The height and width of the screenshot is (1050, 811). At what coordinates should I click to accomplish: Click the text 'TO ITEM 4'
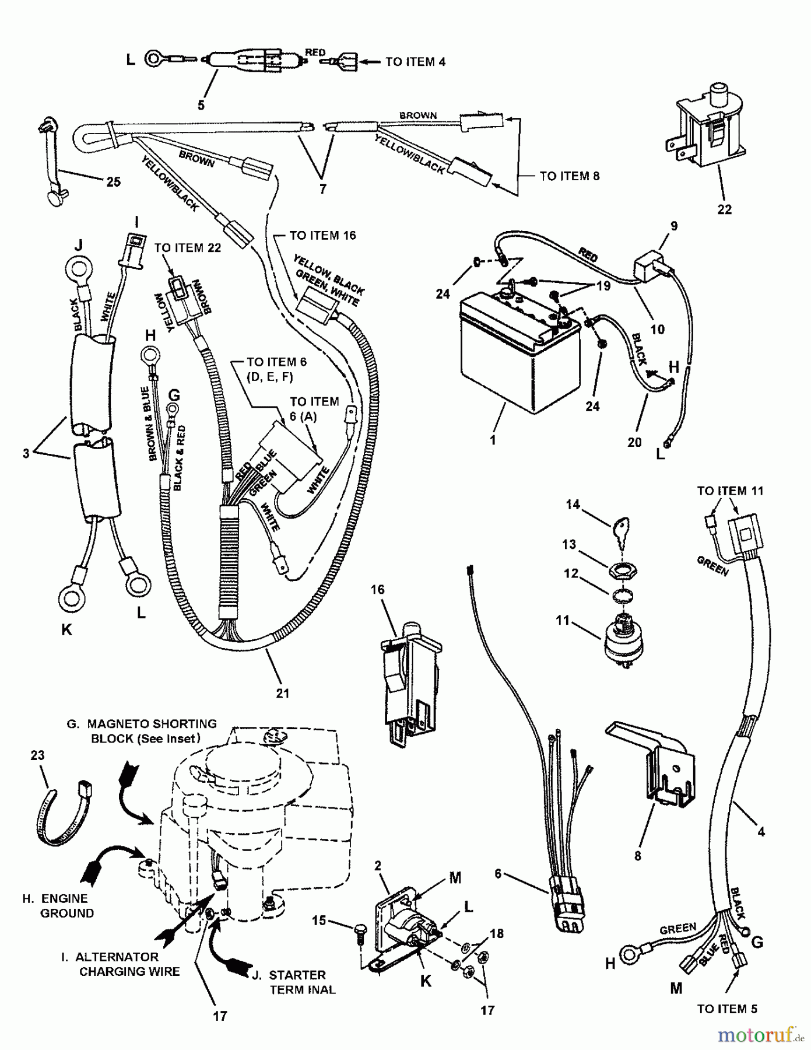tap(415, 61)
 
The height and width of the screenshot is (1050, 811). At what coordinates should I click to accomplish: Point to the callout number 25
tap(113, 182)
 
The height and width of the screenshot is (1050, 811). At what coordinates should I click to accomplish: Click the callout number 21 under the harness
tap(283, 693)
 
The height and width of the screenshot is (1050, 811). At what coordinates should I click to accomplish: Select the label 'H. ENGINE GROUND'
tap(58, 905)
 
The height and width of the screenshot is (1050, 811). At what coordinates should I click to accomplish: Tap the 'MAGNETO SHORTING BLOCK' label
tap(142, 731)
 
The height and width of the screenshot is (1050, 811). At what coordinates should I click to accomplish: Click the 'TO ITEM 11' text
tap(730, 491)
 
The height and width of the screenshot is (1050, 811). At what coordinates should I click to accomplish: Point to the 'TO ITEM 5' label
tap(727, 1009)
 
